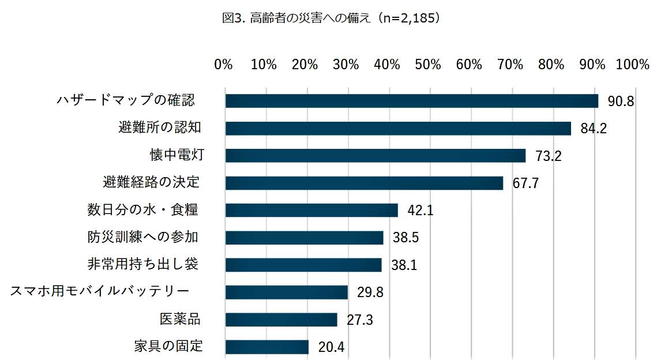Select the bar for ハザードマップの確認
coord(411,101)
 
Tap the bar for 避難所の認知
coord(398,128)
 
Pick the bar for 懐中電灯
coord(375,156)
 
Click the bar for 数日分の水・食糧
coord(311,210)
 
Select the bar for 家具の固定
coord(266,347)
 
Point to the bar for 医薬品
coord(281,320)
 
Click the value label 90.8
coord(621,102)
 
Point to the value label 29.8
coord(370,292)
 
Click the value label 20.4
coord(331,347)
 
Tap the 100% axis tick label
coord(633,65)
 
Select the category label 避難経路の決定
coord(151,182)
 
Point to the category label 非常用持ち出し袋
coord(143,264)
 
